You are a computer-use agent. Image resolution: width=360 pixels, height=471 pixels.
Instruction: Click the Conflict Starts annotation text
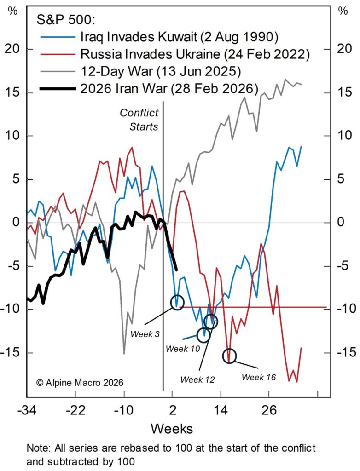pos(139,119)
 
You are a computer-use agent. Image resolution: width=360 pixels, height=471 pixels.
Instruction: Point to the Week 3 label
pos(145,334)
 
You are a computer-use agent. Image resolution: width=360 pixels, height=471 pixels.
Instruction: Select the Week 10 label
pos(183,349)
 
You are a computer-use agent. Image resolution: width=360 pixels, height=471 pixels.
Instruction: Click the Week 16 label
pos(258,377)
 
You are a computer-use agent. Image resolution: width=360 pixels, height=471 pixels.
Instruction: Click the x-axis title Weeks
pos(172,429)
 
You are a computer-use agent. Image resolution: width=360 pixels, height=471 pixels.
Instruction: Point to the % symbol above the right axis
pos(343,11)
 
